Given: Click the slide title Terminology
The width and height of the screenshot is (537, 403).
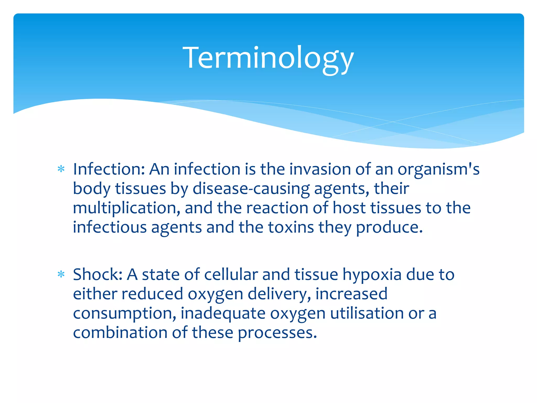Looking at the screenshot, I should [x=268, y=58].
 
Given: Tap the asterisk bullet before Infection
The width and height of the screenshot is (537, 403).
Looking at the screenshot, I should [x=61, y=169].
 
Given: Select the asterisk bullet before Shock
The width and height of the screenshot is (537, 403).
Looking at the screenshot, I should [x=61, y=274].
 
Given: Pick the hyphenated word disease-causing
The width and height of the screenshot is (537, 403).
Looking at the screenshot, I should [x=251, y=189].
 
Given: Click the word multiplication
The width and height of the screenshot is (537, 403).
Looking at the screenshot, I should [x=126, y=208].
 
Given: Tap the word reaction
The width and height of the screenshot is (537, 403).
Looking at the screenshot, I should [x=277, y=208].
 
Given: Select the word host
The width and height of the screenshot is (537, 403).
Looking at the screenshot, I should [x=349, y=208].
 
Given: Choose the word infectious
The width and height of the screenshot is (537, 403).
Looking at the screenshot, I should [x=110, y=227].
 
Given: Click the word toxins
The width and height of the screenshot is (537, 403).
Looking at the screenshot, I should [x=291, y=227].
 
